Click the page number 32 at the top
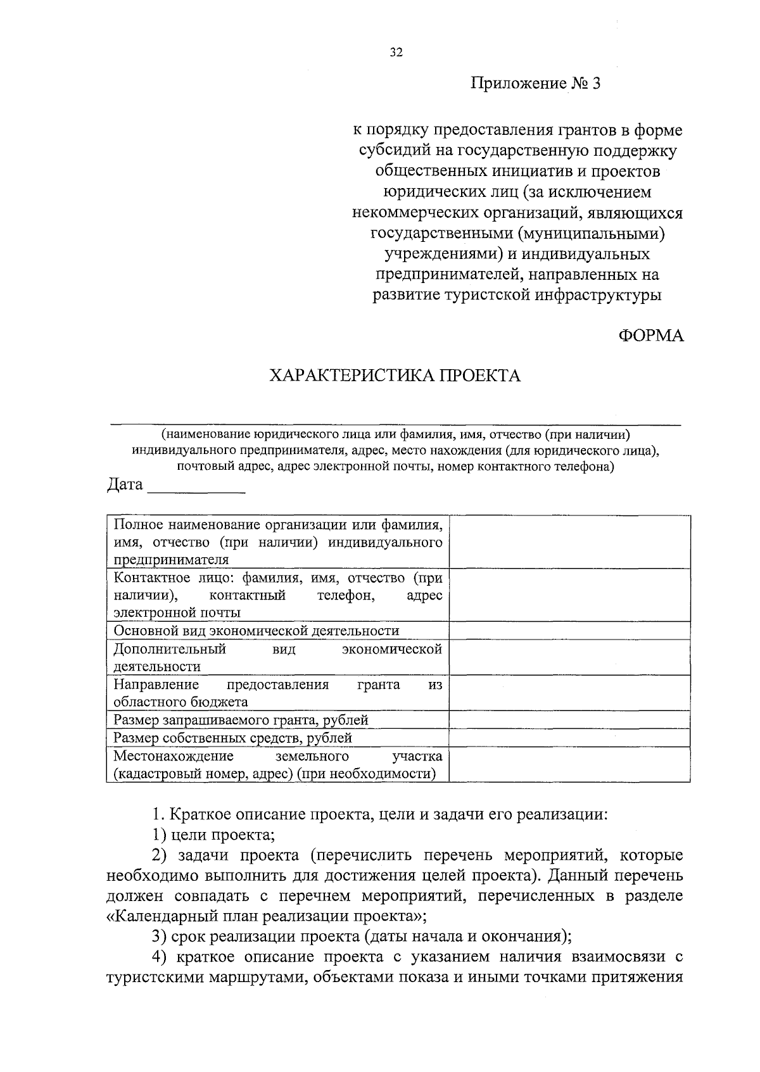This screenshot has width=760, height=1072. coord(396,53)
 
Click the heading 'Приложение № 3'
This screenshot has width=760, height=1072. coord(535,84)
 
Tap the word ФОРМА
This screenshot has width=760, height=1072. coord(651,336)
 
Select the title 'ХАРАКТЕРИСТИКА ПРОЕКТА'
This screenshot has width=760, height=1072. coord(395,376)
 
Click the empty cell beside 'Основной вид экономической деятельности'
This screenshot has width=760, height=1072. coord(569,631)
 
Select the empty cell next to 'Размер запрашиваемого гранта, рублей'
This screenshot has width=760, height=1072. coord(569,720)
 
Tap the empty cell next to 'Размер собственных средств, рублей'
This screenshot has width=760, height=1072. coord(569,738)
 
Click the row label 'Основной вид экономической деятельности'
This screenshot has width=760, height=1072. coord(256,631)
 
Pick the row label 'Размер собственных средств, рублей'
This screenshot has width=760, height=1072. coord(232,738)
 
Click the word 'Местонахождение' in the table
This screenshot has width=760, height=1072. coord(174,756)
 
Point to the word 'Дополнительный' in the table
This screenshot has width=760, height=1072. coord(170,649)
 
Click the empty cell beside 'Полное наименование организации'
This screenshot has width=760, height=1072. coord(569,542)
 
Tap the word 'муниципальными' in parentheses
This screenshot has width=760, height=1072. coord(590,234)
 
